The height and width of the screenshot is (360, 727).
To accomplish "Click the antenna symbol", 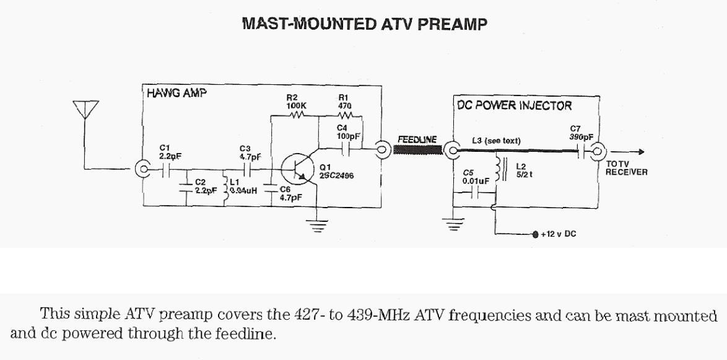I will [85, 110].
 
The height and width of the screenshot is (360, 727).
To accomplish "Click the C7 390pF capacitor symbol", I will [580, 149].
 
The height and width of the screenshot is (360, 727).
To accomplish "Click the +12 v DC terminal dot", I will [535, 235].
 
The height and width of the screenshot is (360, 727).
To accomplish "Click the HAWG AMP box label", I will [176, 94].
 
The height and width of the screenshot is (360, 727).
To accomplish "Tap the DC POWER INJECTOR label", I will [515, 106].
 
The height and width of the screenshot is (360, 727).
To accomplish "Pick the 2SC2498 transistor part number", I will [337, 175].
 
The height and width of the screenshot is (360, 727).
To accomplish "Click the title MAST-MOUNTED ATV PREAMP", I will [365, 24].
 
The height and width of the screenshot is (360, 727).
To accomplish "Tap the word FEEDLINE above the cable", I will [417, 139].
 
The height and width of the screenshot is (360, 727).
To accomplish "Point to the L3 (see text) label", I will [497, 141].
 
